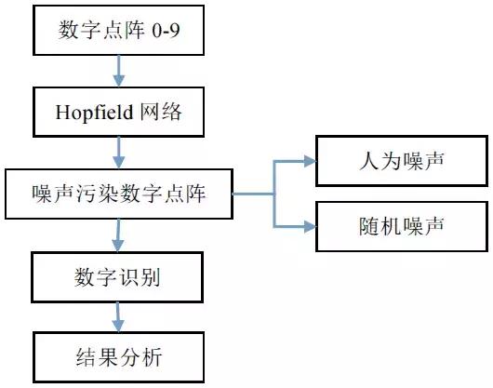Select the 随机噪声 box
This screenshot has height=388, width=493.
point(402,226)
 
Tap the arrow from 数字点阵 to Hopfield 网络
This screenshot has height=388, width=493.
point(119,71)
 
